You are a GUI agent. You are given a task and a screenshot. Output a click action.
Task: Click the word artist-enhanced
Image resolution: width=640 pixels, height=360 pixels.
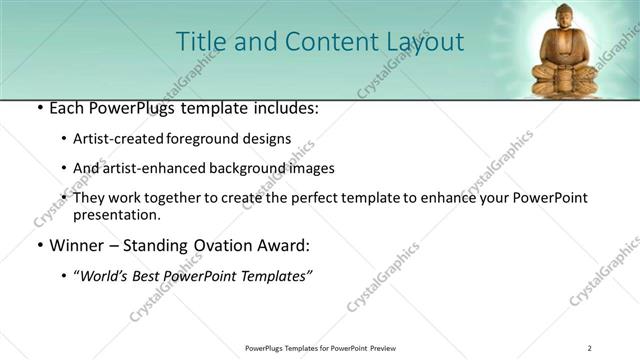[x=152, y=168]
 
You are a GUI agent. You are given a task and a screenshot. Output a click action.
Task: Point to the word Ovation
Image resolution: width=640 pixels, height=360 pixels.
[x=221, y=245]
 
